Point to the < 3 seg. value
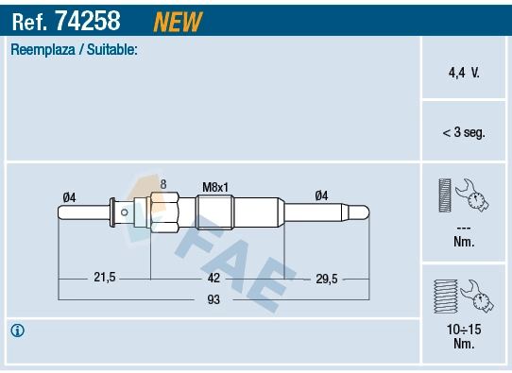coord(463,133)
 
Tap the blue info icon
coord(17,331)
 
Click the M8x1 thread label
coord(215,187)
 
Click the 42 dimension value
coord(213,278)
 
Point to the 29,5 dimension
coord(326,278)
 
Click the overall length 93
coord(213,300)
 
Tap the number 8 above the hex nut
coord(163,184)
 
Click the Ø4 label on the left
coord(69,196)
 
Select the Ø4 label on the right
coord(321,195)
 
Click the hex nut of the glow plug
coord(164,212)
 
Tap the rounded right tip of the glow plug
coord(367,213)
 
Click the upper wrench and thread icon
coord(462,195)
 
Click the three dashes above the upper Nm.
coord(463,228)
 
